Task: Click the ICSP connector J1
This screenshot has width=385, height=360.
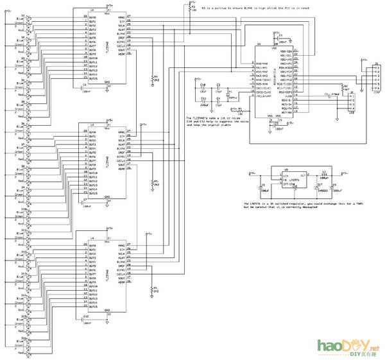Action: pos(376,76)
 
